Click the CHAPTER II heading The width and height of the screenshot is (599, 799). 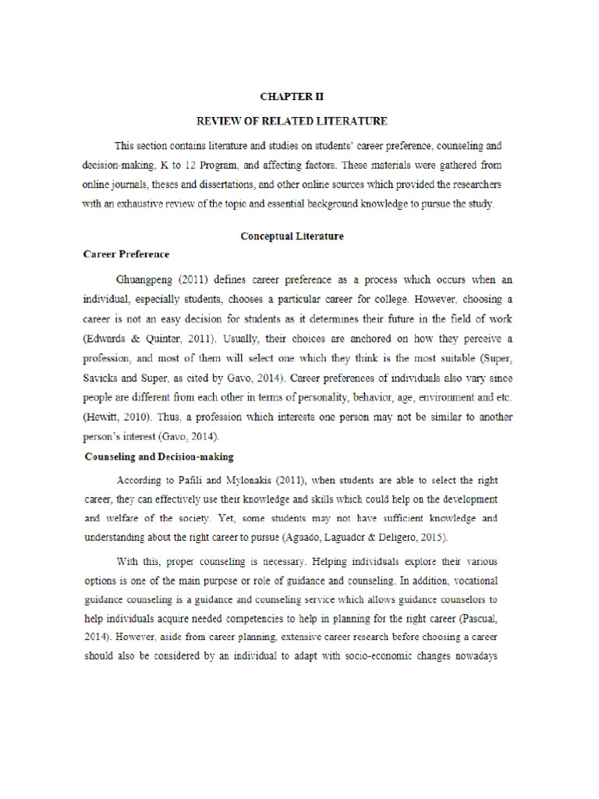tap(291, 97)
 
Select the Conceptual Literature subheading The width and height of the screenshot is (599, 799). tap(291, 236)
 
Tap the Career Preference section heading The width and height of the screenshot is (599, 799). tap(126, 254)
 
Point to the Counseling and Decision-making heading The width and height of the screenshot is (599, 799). tap(159, 457)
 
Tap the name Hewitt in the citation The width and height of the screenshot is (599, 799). tap(102, 418)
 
